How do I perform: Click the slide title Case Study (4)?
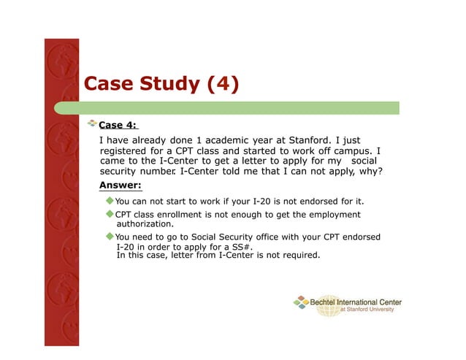pos(161,84)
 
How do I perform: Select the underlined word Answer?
pos(120,185)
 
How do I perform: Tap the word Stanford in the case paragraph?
pos(313,140)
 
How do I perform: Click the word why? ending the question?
pos(370,172)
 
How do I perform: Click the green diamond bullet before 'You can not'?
pos(110,200)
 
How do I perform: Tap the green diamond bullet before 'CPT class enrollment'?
pos(110,214)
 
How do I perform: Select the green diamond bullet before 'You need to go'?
pos(110,237)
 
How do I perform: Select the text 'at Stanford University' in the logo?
pos(367,310)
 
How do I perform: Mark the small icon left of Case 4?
pos(92,124)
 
